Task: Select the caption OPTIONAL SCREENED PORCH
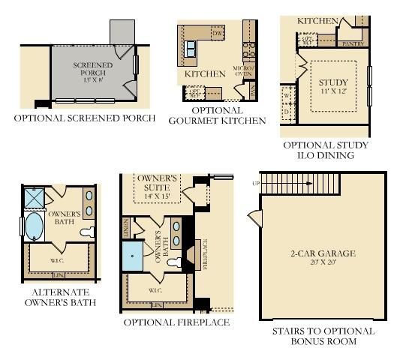pos(85,118)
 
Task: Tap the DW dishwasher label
pos(218,34)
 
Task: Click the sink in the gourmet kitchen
pos(191,49)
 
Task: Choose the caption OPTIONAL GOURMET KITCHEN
pos(217,115)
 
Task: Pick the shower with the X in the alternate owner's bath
pos(34,196)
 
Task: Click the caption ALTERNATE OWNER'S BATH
pos(61,297)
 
